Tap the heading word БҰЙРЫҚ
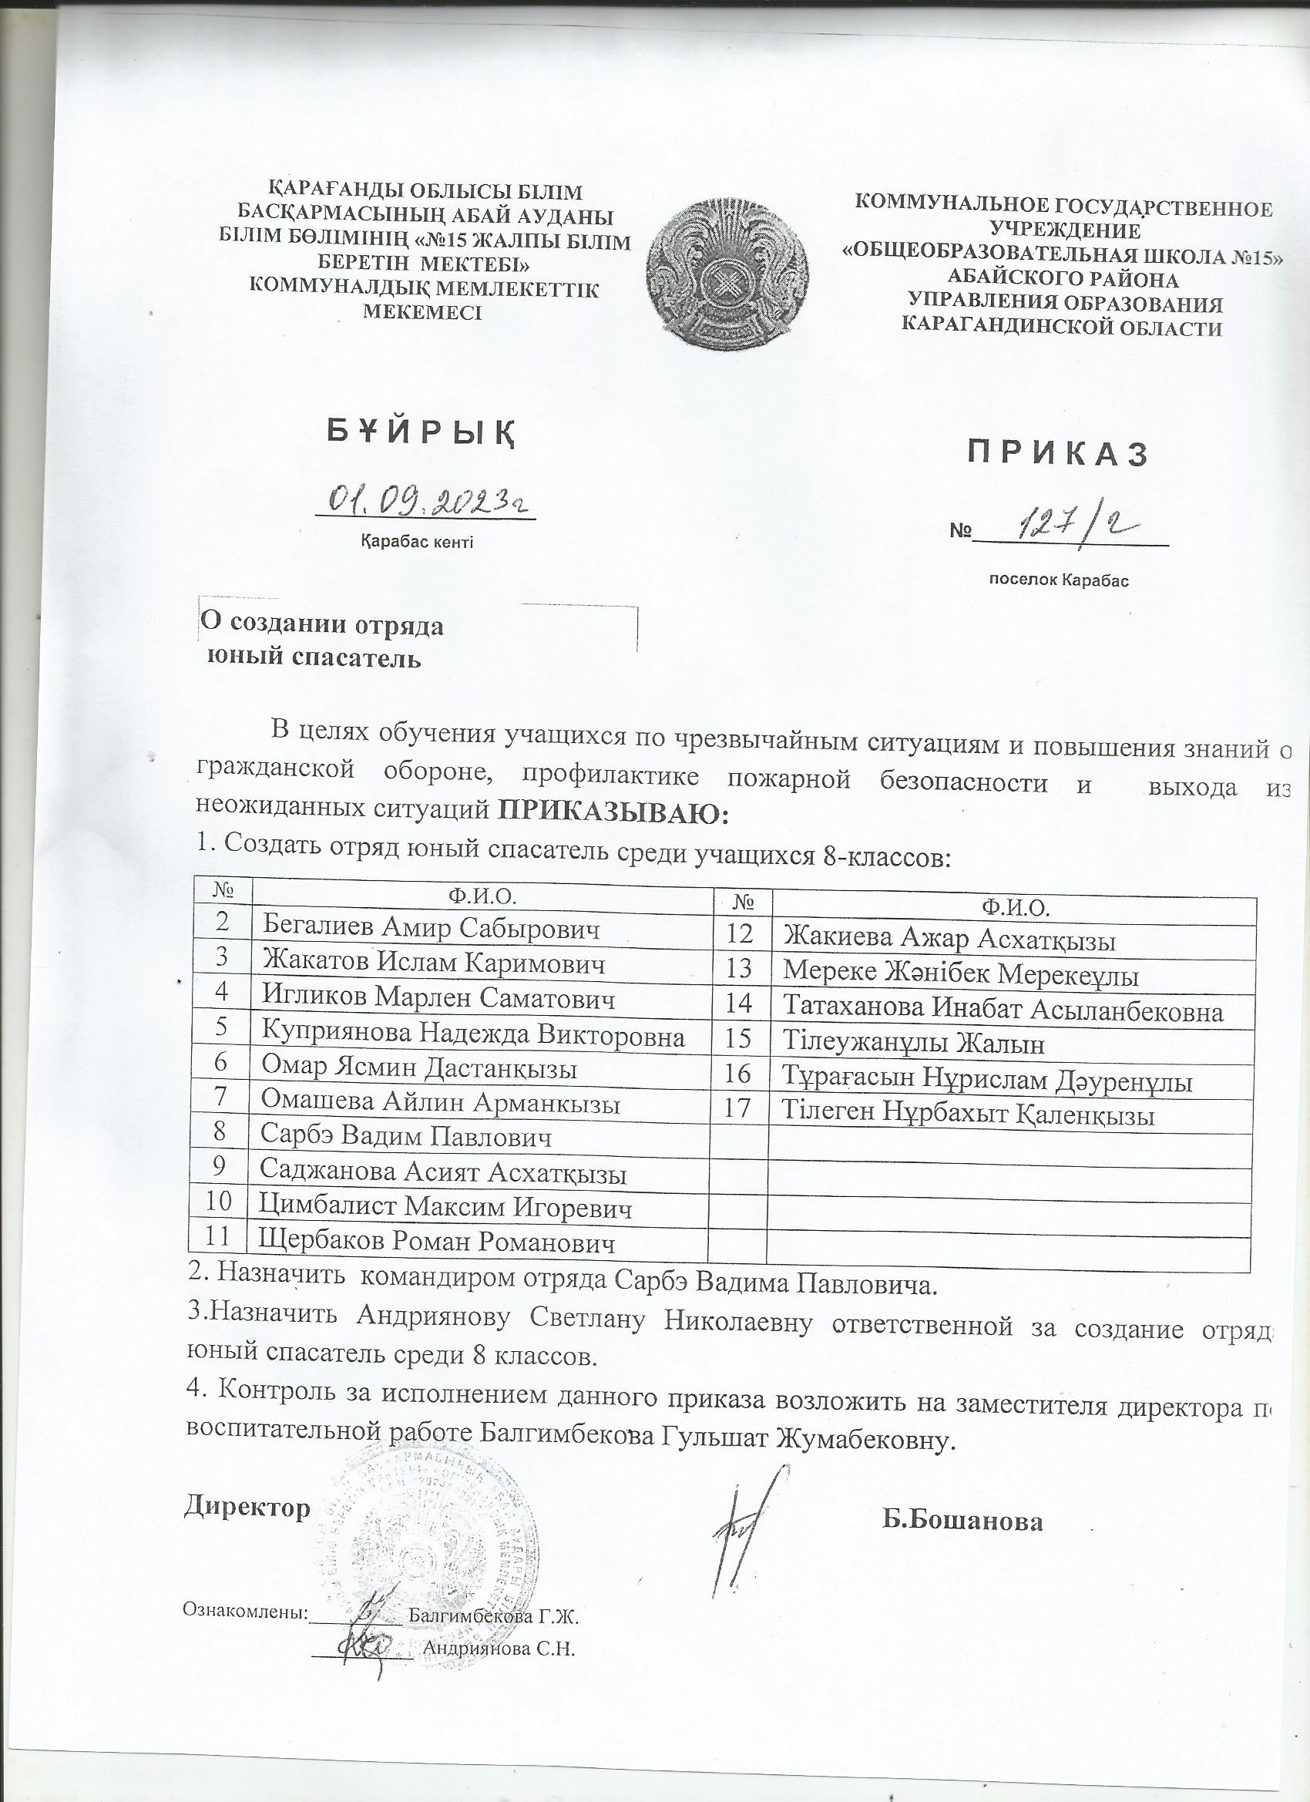[421, 432]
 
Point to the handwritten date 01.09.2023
[428, 499]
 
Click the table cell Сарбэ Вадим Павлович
[405, 1137]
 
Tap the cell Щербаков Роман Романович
[437, 1242]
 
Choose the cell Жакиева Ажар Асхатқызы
[949, 940]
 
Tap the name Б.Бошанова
[962, 1521]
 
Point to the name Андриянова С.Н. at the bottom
[499, 1649]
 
